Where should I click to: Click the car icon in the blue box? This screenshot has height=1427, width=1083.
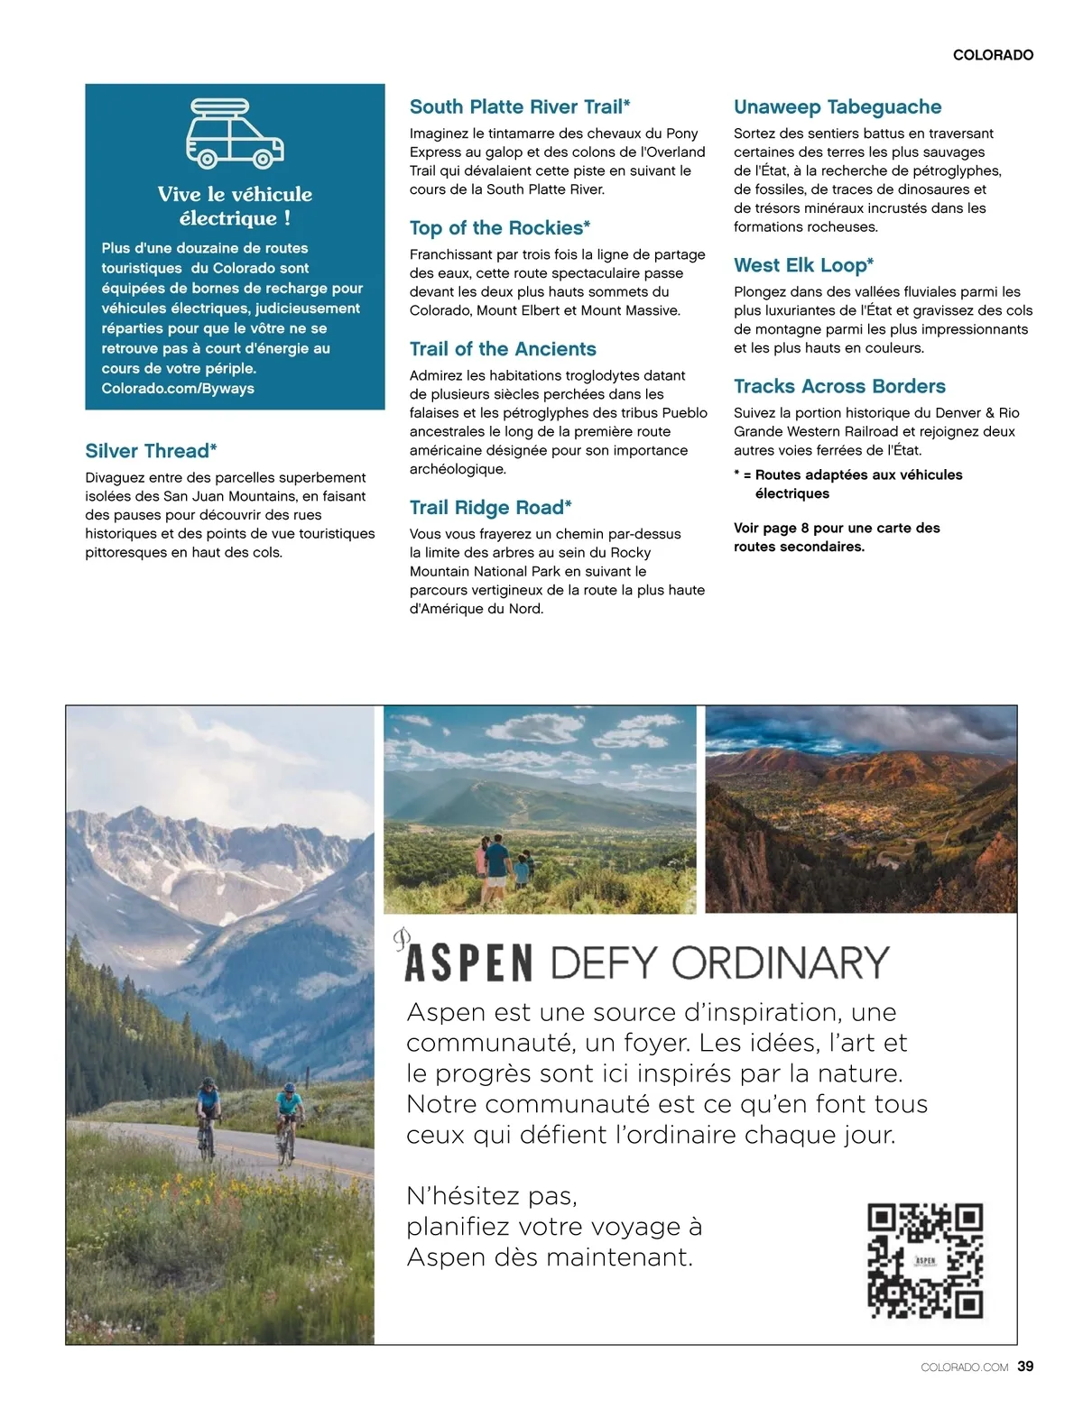point(235,134)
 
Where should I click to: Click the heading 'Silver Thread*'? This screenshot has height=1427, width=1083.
point(151,451)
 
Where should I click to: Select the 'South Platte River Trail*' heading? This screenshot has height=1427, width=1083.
point(520,107)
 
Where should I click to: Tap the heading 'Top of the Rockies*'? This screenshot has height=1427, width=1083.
point(500,228)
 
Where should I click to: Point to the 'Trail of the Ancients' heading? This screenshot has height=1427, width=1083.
point(503,349)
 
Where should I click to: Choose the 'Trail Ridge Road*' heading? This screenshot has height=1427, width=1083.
point(491,508)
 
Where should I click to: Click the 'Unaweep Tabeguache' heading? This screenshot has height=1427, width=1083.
point(838,107)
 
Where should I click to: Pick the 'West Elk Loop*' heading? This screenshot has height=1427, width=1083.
point(803,265)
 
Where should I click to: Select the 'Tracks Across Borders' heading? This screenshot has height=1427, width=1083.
point(839,386)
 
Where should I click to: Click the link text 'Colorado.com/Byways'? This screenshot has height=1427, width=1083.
point(178,389)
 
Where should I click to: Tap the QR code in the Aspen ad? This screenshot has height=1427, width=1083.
point(924,1260)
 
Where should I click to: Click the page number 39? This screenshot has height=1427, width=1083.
point(1025,1367)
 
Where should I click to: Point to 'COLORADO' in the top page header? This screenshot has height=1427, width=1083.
point(993,55)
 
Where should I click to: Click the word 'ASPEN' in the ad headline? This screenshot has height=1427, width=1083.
point(468,963)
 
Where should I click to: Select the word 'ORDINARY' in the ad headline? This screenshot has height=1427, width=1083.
point(781,963)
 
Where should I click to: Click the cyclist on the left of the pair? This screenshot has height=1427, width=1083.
point(208,1114)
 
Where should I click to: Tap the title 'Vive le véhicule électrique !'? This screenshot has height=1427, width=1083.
point(235,206)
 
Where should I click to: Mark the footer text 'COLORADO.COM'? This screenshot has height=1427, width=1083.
point(964,1367)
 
